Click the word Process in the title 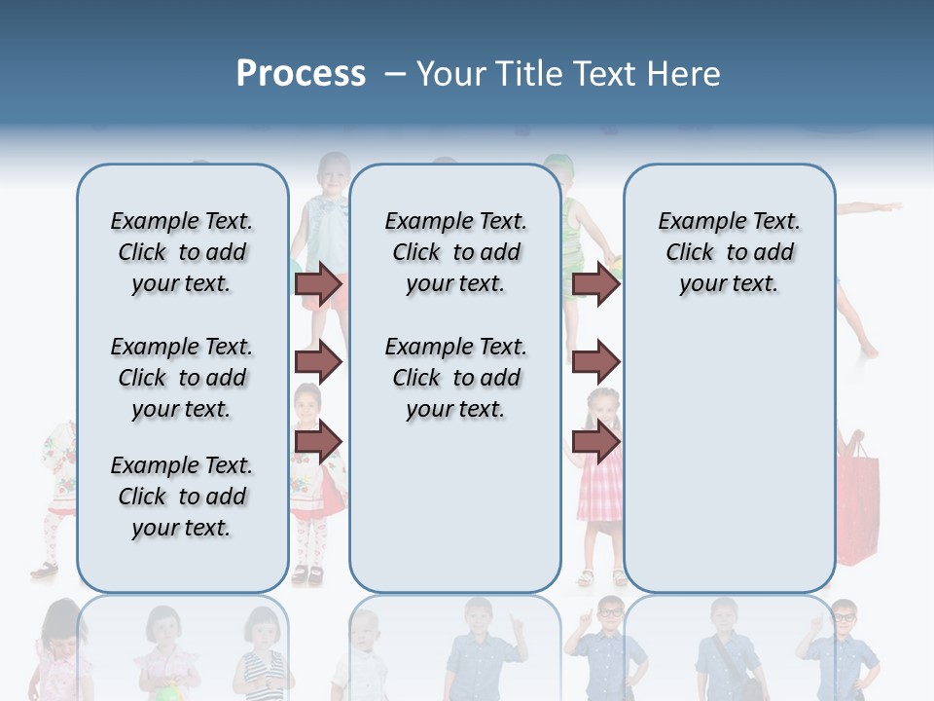coord(301,73)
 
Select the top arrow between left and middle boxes coord(318,284)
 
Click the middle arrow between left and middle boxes coord(318,363)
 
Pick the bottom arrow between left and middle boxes coord(318,441)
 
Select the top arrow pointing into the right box coord(595,284)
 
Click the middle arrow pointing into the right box coord(595,363)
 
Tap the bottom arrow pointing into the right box coord(595,441)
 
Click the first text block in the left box coord(182,252)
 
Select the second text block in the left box coord(182,378)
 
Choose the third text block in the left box coord(182,497)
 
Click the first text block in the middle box coord(455,252)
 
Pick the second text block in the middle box coord(455,378)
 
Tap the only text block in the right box coord(729,252)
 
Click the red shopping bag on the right coord(857,501)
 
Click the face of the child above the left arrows coord(334,175)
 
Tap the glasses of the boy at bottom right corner coord(844,617)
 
